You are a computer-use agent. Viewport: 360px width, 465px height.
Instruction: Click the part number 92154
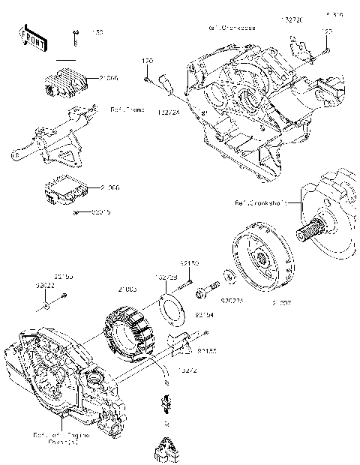coord(184,316)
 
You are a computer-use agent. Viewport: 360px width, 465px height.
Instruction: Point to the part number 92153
coord(206,350)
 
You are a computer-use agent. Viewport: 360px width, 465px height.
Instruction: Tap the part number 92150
coord(189,263)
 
